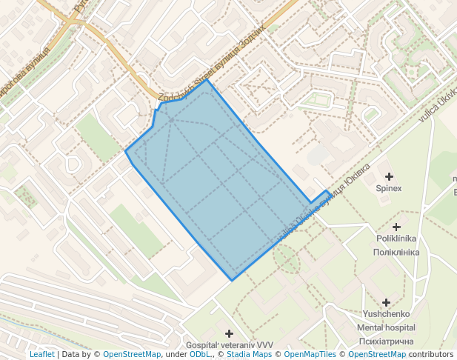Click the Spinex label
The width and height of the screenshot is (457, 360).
coord(389,188)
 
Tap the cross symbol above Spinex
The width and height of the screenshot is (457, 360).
coord(389,176)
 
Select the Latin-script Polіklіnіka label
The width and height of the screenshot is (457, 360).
coord(398,239)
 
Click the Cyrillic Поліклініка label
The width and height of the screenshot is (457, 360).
coord(398,252)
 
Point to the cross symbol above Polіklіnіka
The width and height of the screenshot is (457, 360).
coord(396,227)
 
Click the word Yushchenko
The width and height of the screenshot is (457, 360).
coord(386,314)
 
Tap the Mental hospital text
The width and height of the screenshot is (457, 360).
coord(386,327)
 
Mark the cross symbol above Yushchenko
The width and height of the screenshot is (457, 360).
coord(386,302)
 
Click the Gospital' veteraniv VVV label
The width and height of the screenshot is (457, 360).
coord(229,345)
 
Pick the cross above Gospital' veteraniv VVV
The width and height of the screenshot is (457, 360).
coord(229,333)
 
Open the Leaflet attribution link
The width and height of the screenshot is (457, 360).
coord(41,354)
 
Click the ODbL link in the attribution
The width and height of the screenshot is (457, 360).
coord(200,354)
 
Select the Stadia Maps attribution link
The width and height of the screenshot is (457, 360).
coord(252,354)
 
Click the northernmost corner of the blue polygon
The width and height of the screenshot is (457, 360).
coord(208,80)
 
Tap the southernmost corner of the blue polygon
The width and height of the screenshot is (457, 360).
coord(232,280)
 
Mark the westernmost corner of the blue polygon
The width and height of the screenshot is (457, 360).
coord(125,152)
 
